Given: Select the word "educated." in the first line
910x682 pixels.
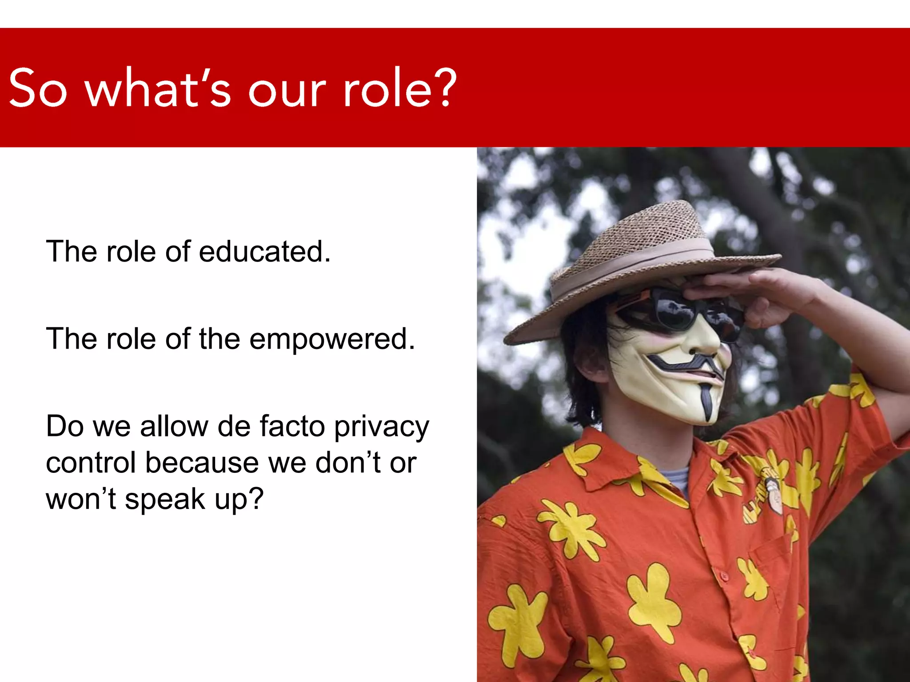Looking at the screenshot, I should [265, 251].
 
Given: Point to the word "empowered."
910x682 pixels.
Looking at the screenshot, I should [332, 339].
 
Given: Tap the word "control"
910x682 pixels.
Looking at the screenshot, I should [91, 463].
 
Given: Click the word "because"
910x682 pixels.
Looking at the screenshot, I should [202, 463].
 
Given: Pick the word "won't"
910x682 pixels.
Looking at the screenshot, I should [81, 499].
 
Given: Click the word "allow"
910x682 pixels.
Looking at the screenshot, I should [174, 426].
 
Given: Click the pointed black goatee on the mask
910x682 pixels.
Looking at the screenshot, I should [706, 400].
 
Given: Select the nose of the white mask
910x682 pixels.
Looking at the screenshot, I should [706, 337].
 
